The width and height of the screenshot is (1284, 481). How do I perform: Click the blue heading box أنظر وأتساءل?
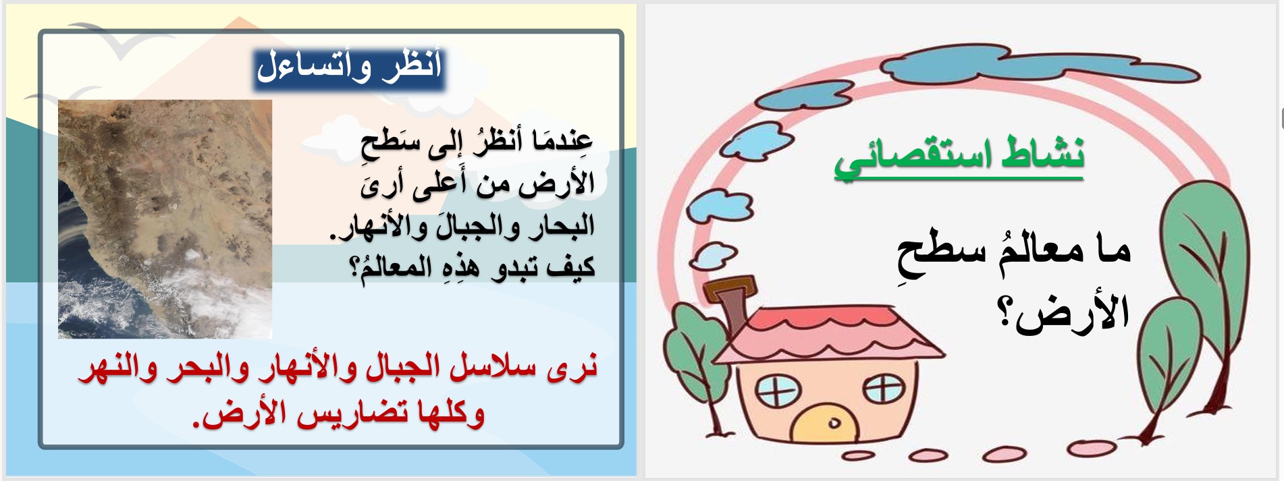349,67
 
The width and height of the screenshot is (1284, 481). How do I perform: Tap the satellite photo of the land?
165,219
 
